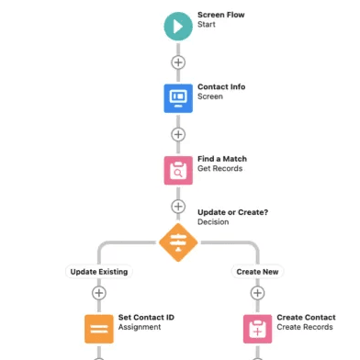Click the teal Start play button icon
pyautogui.click(x=178, y=27)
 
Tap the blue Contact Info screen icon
pyautogui.click(x=178, y=98)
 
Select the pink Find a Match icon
pyautogui.click(x=178, y=170)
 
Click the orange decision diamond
pyautogui.click(x=178, y=242)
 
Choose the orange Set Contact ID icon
pyautogui.click(x=99, y=329)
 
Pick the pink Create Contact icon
pyautogui.click(x=257, y=329)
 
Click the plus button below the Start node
pyautogui.click(x=178, y=62)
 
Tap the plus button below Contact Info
pyautogui.click(x=178, y=134)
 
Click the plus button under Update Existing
pyautogui.click(x=99, y=293)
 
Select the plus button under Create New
pyautogui.click(x=257, y=293)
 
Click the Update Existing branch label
pyautogui.click(x=99, y=272)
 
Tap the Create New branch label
pyautogui.click(x=257, y=272)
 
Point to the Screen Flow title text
pyautogui.click(x=221, y=15)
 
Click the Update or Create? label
pyautogui.click(x=232, y=212)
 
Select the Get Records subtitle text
pyautogui.click(x=219, y=168)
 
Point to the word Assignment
pyautogui.click(x=140, y=327)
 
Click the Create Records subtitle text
pyautogui.click(x=305, y=327)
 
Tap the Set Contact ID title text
pyautogui.click(x=146, y=318)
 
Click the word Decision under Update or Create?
pyautogui.click(x=213, y=222)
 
